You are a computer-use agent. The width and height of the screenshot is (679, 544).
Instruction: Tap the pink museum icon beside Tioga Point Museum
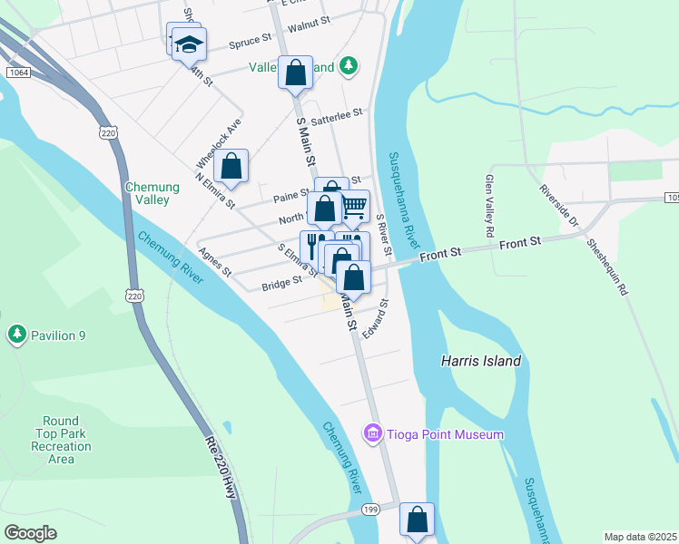coord(371,434)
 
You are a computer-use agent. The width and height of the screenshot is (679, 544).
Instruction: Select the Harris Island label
coord(480,361)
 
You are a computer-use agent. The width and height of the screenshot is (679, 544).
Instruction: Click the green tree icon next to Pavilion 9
coord(16,335)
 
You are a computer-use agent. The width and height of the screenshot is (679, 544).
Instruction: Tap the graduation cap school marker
coord(189,44)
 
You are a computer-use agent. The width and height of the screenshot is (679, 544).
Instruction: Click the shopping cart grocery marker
coord(353,207)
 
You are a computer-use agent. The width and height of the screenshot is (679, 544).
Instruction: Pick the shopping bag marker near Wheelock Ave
coord(231,166)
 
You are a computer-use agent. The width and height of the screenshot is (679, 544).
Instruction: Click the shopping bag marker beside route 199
coord(417,520)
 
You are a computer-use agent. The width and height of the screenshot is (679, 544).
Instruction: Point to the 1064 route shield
coord(15,72)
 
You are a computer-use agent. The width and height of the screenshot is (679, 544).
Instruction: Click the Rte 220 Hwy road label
coord(222,471)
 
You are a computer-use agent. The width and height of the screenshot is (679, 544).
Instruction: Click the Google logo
coord(31,532)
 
